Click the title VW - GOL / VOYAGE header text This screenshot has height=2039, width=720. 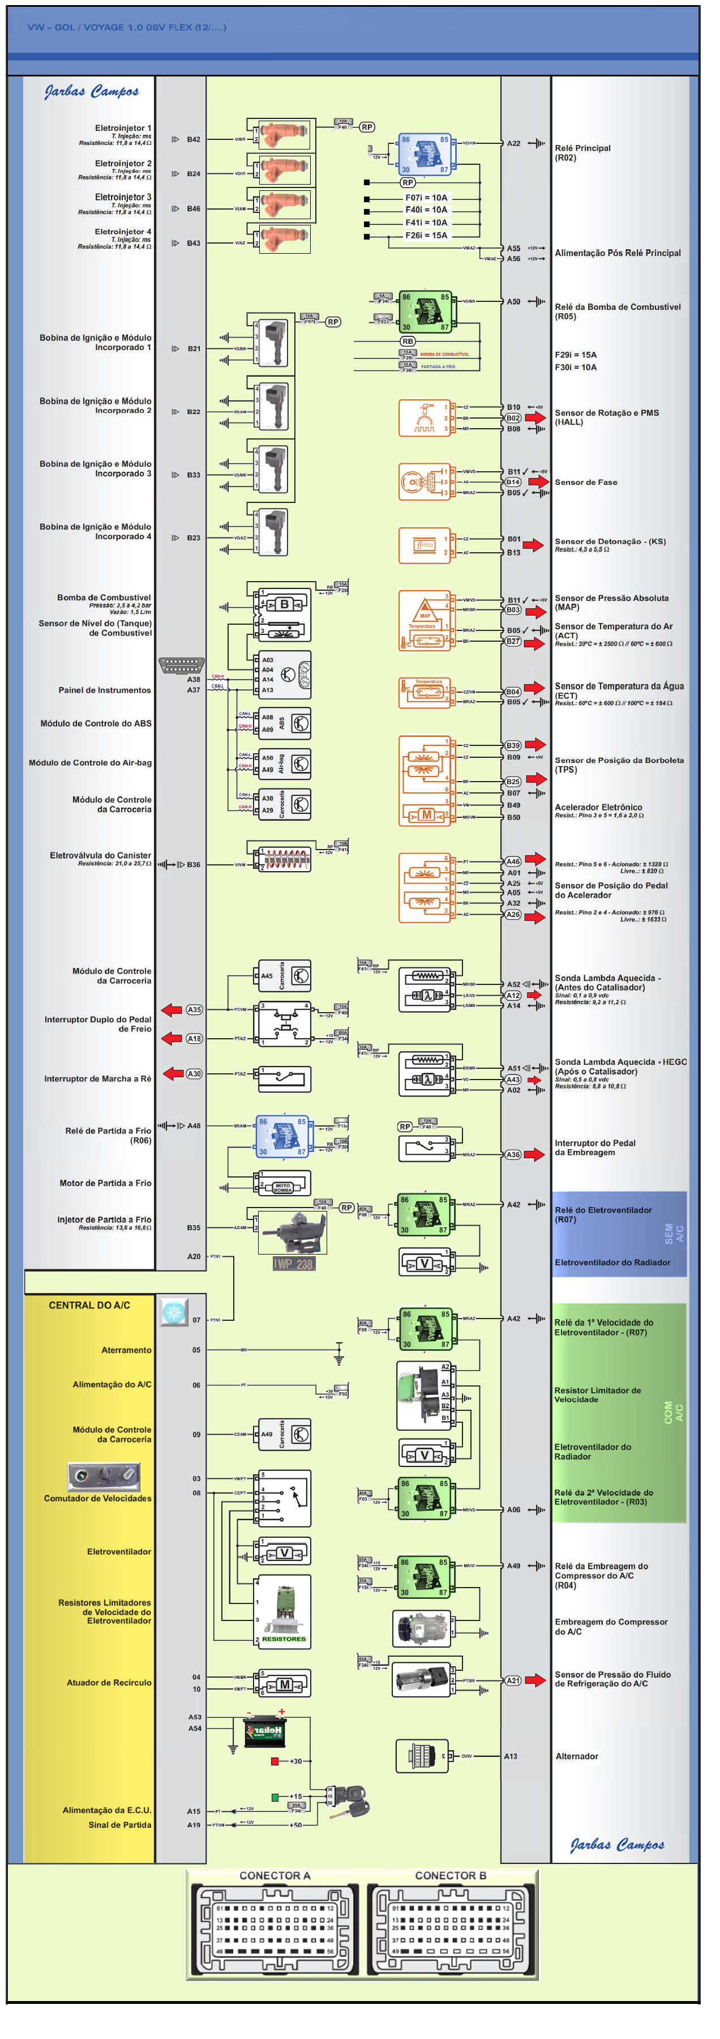[127, 27]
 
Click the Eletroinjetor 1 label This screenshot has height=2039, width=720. [123, 127]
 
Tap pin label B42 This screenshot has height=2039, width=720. [193, 139]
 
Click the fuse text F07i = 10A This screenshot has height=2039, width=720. [426, 197]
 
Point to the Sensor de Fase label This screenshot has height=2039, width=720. [585, 481]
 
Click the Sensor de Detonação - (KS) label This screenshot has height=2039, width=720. [609, 541]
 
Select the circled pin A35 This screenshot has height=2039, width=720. [194, 1009]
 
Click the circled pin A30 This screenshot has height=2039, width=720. [194, 1073]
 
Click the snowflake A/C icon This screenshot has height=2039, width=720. [173, 1312]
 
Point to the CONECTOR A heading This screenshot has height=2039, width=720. [275, 1875]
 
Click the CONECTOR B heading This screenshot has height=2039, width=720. [450, 1875]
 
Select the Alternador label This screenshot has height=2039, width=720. [576, 1756]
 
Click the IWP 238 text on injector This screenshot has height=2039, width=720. [293, 1263]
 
